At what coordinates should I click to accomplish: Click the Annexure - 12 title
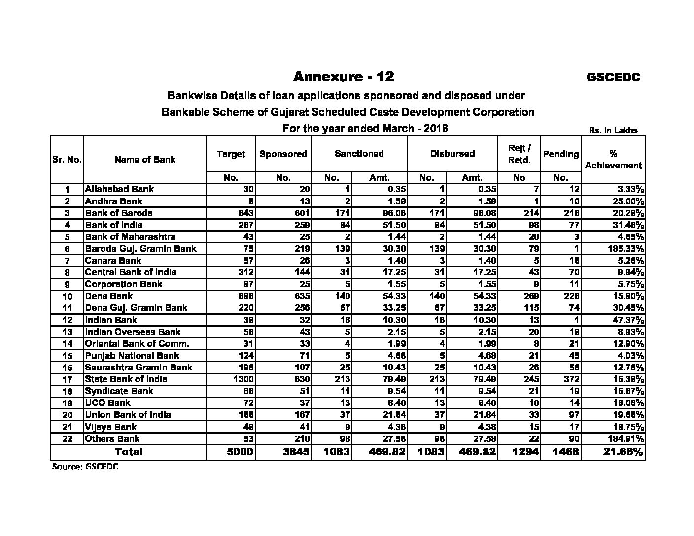(344, 77)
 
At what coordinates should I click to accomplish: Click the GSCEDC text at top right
(613, 77)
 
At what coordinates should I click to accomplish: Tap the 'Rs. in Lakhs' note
(613, 131)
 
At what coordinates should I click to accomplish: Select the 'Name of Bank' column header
(145, 159)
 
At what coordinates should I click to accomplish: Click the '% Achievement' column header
(613, 159)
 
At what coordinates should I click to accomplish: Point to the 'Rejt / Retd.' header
(519, 154)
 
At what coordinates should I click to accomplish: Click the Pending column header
(560, 154)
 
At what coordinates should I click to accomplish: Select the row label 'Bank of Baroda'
(119, 213)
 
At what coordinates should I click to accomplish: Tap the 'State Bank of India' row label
(126, 379)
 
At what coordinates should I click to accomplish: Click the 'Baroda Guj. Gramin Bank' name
(140, 249)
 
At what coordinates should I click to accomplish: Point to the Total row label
(129, 452)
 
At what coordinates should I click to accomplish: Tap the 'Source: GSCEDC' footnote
(85, 467)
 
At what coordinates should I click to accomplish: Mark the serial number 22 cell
(68, 439)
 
